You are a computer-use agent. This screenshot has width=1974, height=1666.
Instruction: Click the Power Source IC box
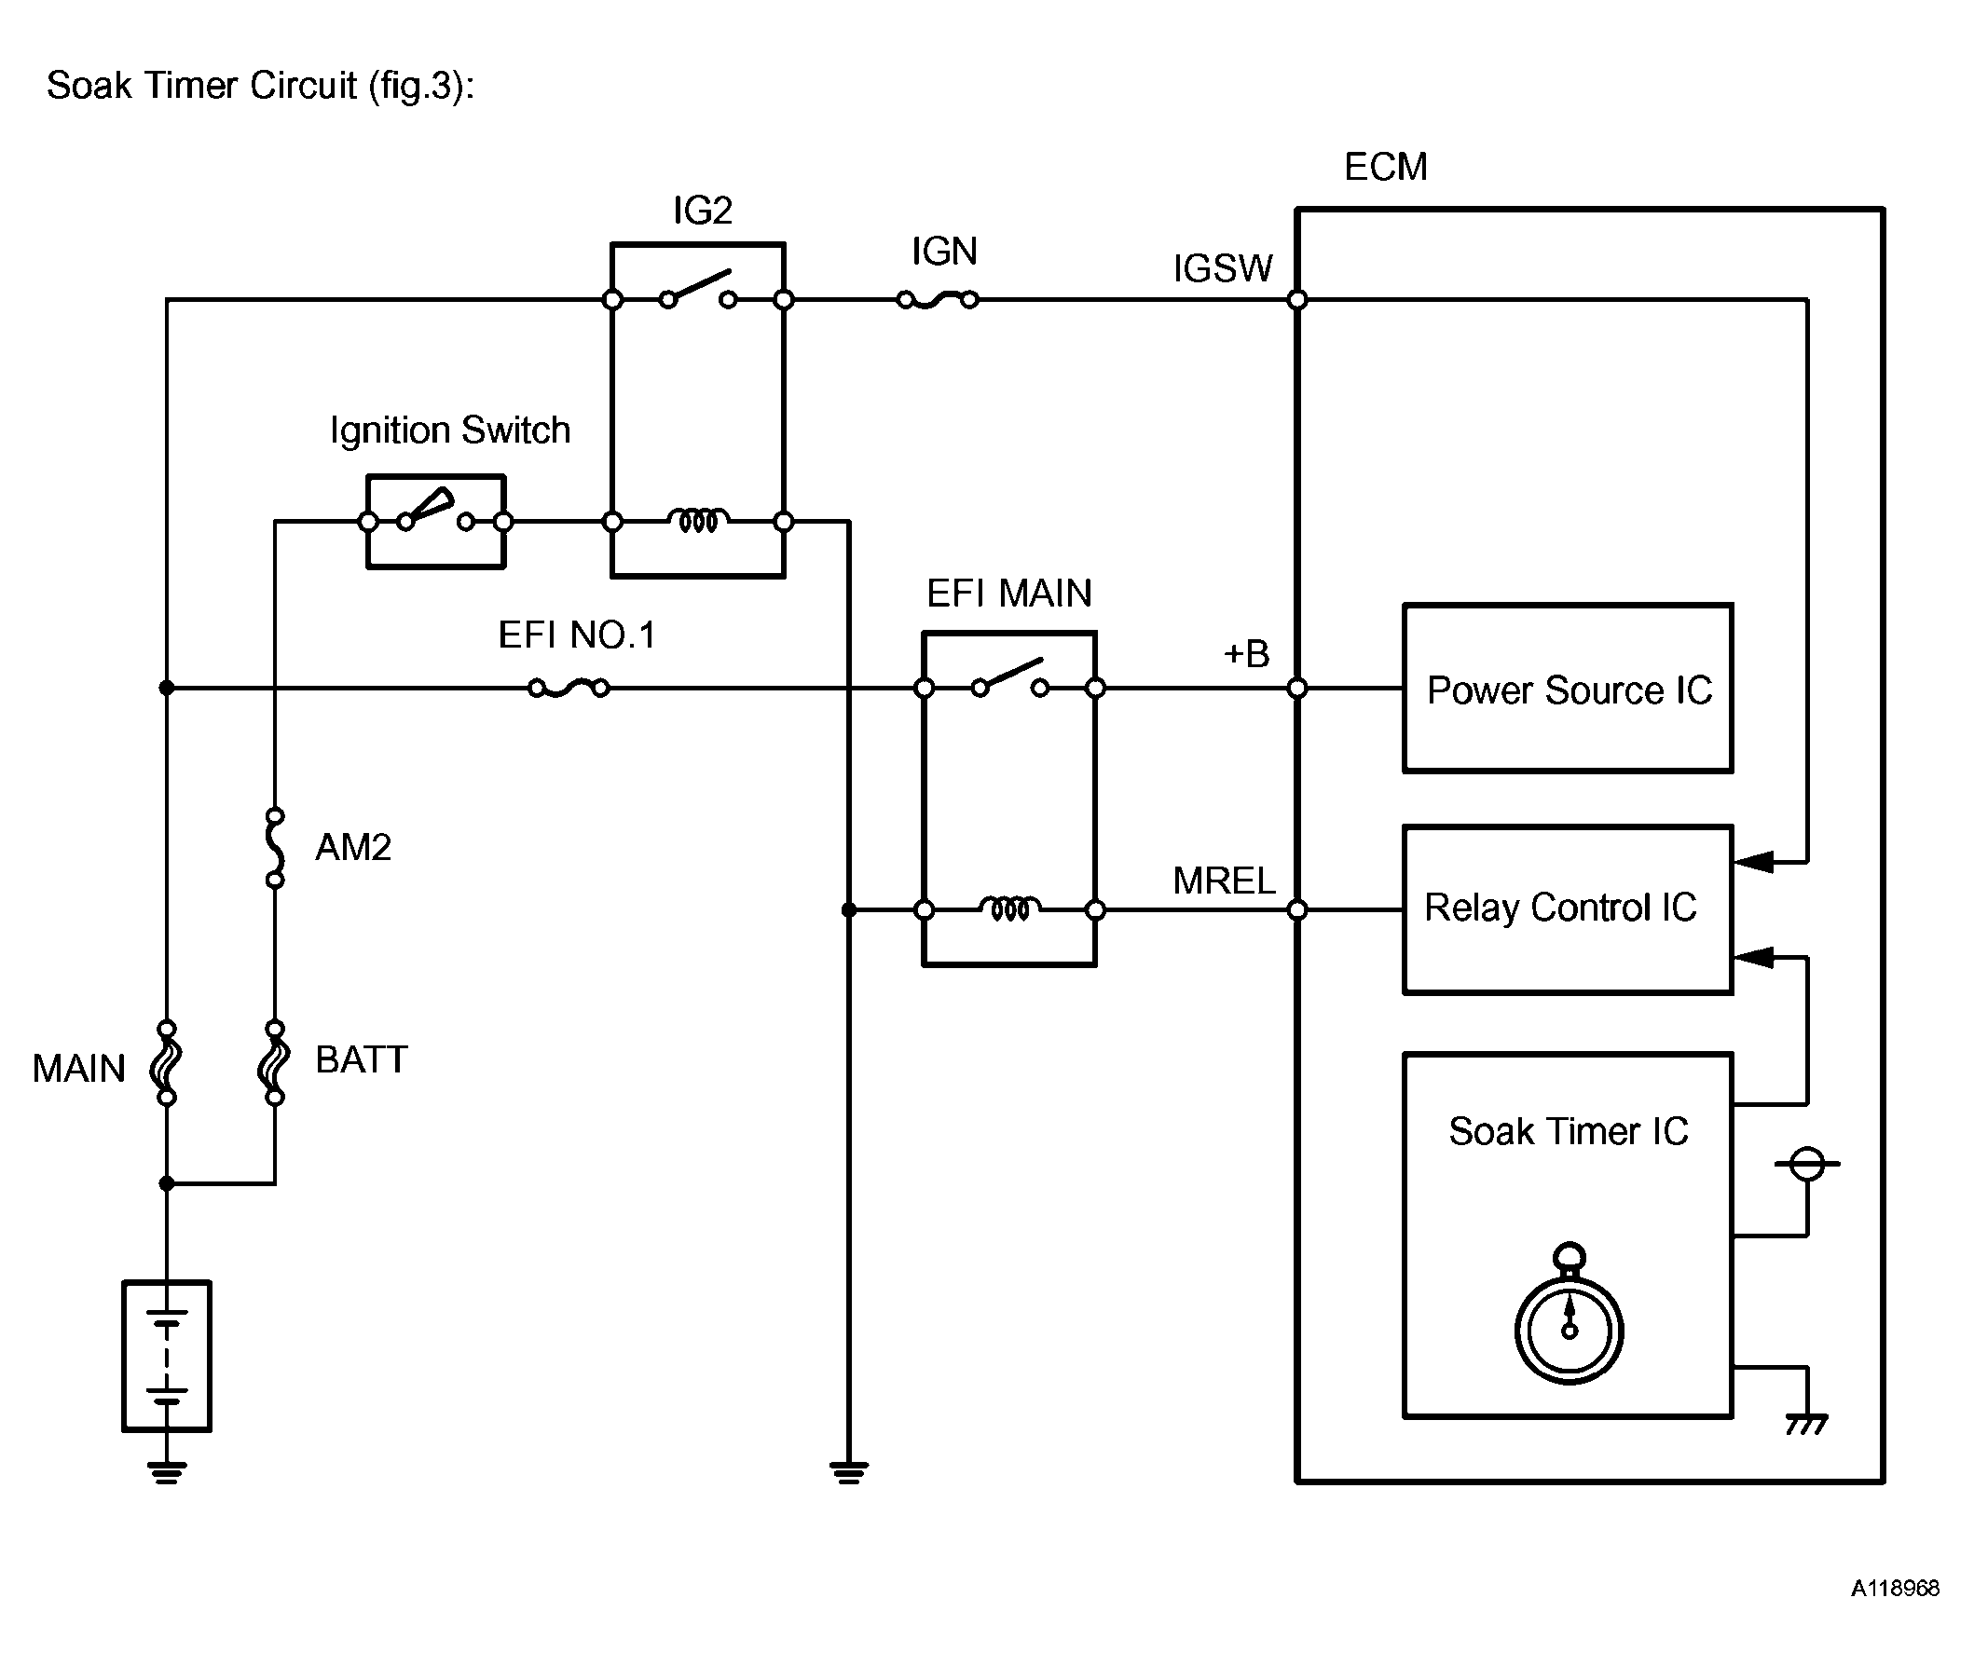[1567, 689]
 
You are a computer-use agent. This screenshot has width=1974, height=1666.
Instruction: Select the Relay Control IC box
[1567, 909]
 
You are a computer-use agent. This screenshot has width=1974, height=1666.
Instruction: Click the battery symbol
[166, 1357]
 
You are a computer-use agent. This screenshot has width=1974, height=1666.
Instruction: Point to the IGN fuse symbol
[937, 300]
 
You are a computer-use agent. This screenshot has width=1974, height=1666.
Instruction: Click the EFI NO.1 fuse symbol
[569, 689]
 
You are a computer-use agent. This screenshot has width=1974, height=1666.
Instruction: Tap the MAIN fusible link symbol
[166, 1062]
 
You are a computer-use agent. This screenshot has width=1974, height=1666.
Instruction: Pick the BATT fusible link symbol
[275, 1062]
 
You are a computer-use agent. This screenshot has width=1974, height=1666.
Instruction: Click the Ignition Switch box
[435, 522]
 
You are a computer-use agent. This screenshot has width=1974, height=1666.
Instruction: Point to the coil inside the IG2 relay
[698, 520]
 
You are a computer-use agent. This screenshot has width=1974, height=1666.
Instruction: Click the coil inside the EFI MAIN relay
[1009, 908]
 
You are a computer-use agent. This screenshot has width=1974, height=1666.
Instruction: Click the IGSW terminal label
[1222, 269]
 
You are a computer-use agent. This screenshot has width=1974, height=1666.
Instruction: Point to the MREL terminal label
[1223, 881]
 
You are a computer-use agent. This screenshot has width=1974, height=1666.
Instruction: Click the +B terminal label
[1246, 653]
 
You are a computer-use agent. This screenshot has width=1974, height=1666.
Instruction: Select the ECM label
[1385, 167]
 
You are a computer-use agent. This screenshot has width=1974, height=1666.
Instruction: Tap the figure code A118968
[1894, 1588]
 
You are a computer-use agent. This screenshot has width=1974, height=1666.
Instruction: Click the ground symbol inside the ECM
[1806, 1424]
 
